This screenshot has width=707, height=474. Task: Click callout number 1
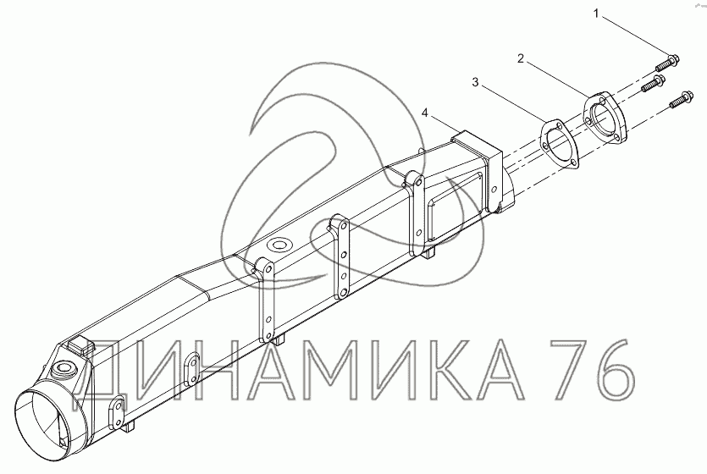coord(596,14)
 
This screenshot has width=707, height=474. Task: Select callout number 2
coord(521,58)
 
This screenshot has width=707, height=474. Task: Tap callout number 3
coord(475,82)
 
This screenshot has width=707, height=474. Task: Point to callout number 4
coord(424,113)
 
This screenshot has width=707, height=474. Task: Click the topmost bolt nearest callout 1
coord(666,63)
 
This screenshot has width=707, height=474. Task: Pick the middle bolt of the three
coord(654,84)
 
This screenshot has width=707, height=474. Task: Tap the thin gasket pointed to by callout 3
coord(559,144)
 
